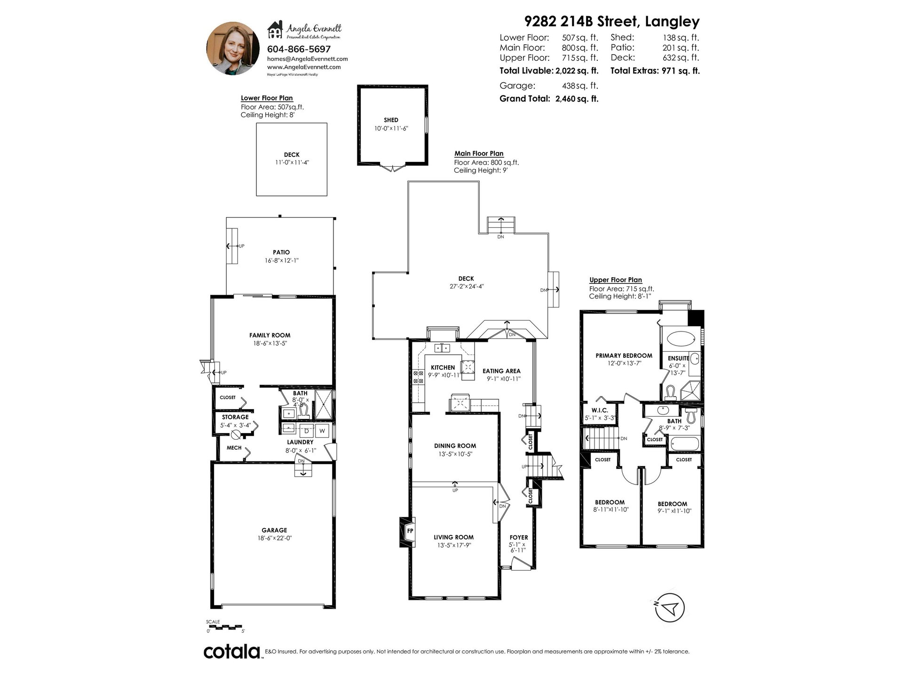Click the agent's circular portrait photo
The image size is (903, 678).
coord(230,48)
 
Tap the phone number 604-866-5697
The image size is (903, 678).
coord(299,49)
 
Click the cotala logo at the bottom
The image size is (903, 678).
coord(232,652)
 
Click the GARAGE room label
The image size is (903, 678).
coord(274,530)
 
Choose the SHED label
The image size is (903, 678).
coord(391,120)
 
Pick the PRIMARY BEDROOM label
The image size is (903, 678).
coord(624,355)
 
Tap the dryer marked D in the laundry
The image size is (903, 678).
coord(307,430)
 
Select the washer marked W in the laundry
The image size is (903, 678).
coord(323,430)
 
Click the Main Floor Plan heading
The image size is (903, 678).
coord(479,153)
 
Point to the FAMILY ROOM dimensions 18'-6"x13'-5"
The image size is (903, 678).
coord(270,343)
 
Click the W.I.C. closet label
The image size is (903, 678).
coord(600,411)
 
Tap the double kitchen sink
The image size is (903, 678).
coord(442,348)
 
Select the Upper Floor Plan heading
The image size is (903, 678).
coord(616,280)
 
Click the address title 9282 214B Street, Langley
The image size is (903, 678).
coord(612,22)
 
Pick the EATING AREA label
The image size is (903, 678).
coord(501,371)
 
